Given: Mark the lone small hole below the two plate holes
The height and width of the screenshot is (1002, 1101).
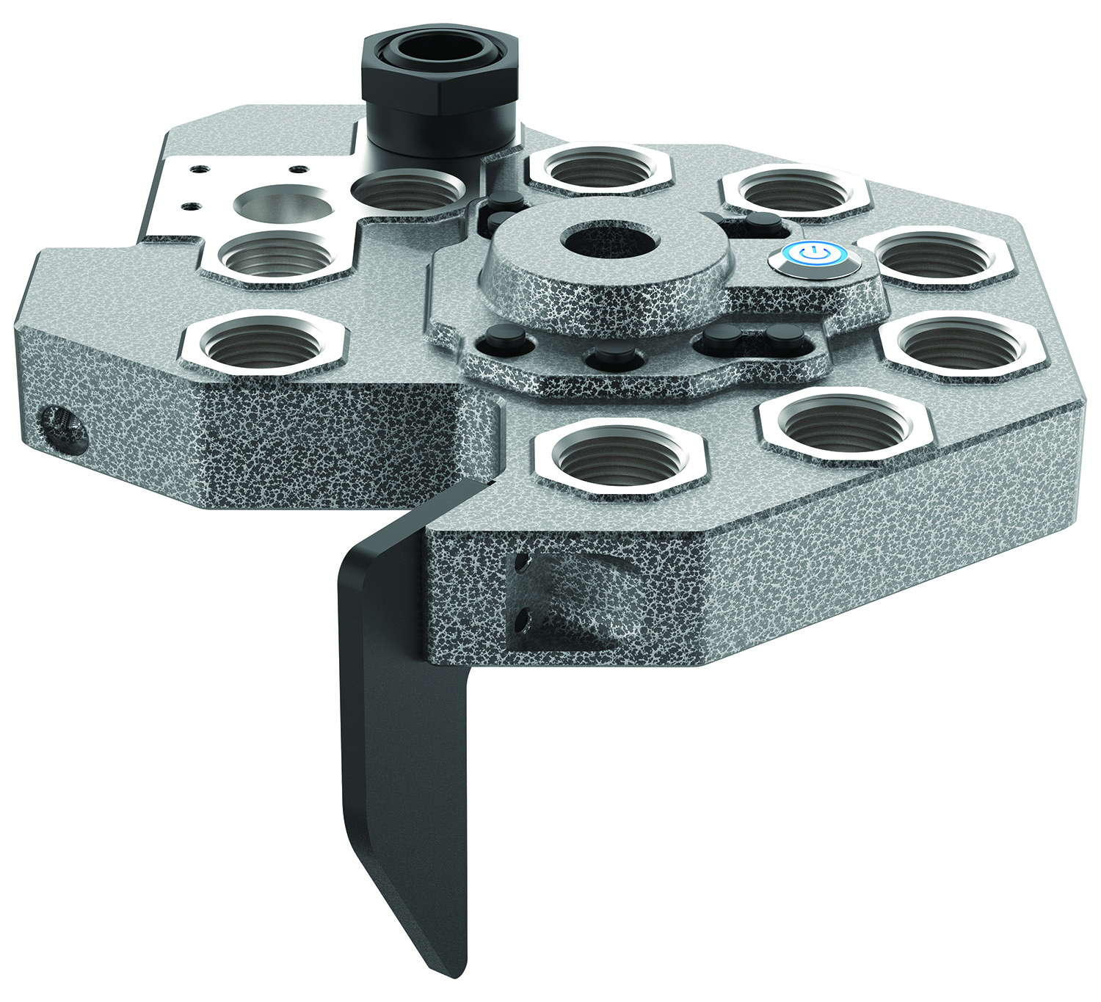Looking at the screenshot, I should pos(192,206).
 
